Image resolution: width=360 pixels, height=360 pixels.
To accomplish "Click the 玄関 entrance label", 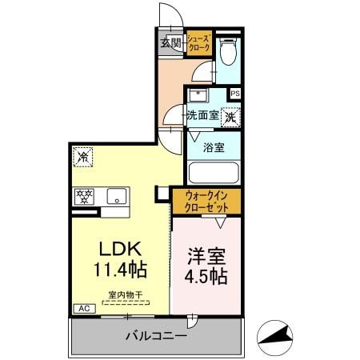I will click(x=169, y=43).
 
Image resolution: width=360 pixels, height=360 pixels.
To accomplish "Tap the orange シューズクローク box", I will click(x=199, y=43).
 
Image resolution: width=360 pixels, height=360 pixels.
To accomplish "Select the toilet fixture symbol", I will click(x=226, y=53).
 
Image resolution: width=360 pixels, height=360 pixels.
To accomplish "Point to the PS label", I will click(x=234, y=94).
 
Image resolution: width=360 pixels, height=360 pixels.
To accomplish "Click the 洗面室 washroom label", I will click(x=202, y=115).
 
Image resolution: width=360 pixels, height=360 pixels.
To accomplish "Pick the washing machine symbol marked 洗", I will click(x=230, y=116).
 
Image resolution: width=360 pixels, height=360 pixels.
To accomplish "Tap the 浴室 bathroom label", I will click(x=212, y=147).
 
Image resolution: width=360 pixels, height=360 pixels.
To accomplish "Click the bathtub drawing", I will click(x=214, y=173).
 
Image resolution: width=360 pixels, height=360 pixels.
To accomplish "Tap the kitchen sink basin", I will click(x=117, y=195).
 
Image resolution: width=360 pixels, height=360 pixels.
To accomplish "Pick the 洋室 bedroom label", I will click(x=206, y=257).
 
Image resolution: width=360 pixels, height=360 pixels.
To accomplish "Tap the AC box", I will click(x=82, y=308).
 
